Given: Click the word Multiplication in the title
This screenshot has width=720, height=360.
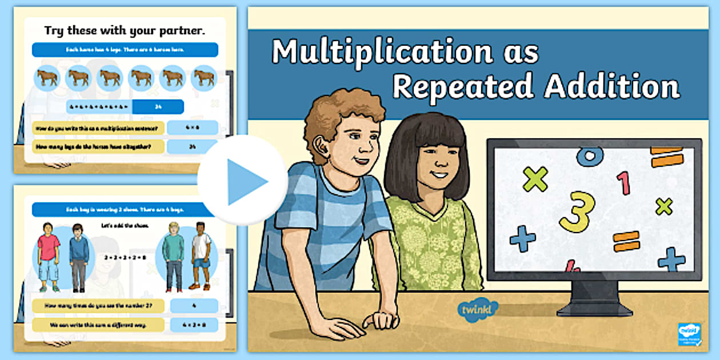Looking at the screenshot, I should point(381,53).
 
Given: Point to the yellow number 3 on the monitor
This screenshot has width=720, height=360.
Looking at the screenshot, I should point(577,211).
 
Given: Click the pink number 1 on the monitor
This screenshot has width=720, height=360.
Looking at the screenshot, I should point(623,183).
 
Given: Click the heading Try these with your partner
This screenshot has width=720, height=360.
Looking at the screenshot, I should point(125,31).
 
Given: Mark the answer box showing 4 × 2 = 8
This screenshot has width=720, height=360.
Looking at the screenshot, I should point(194,325).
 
